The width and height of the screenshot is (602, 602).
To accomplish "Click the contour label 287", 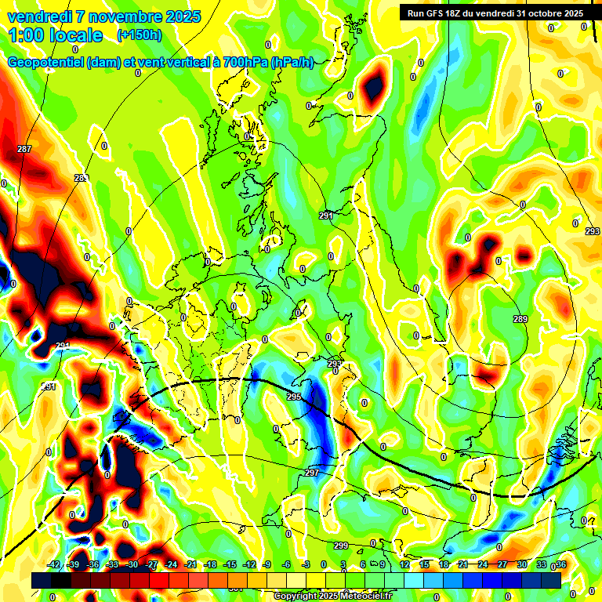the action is (x=24, y=149).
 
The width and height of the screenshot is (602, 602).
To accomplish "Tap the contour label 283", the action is (x=81, y=179).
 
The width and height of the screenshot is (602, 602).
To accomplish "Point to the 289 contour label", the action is (x=520, y=319).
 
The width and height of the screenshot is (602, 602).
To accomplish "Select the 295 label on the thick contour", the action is (x=294, y=397).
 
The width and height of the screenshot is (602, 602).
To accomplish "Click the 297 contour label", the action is (x=312, y=473).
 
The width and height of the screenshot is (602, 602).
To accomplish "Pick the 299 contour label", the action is (x=341, y=546).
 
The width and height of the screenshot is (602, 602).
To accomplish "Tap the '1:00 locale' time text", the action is (x=56, y=35).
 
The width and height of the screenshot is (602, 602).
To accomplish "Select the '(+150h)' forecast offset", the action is (x=140, y=35).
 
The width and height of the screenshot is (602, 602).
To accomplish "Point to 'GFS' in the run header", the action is (x=442, y=13).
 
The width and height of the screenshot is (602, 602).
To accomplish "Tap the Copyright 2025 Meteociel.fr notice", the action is (x=333, y=596).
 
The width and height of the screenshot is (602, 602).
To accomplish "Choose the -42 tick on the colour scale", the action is (x=54, y=564).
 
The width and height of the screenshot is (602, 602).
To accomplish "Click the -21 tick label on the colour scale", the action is (x=190, y=564).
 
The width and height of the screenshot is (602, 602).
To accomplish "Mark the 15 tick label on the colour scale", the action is (x=423, y=564).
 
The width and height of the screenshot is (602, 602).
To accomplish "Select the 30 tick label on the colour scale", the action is (x=521, y=564).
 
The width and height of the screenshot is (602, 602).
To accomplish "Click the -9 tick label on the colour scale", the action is (x=267, y=564).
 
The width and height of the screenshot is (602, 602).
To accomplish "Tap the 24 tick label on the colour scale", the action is (x=482, y=564).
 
